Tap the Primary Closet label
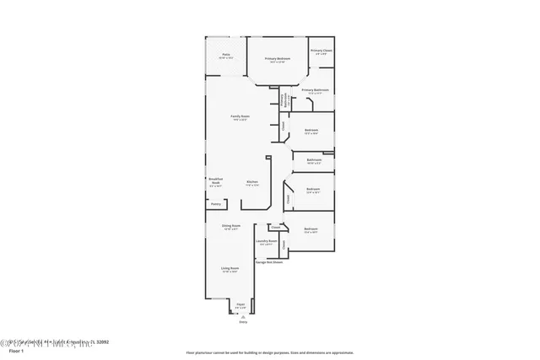321,51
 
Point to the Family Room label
240,116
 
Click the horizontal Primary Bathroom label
314,90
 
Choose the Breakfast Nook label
215,182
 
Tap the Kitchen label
251,182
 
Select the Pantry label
215,203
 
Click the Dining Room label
231,226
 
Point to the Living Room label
229,269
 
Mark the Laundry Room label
267,241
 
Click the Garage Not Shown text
268,262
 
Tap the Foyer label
240,304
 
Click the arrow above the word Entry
243,316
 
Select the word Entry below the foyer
243,322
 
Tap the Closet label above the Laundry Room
275,227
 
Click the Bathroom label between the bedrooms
314,159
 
